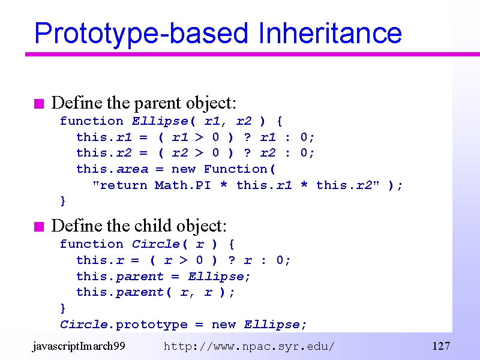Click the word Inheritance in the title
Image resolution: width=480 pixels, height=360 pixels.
(329, 33)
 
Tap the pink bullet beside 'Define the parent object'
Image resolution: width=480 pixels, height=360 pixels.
(39, 104)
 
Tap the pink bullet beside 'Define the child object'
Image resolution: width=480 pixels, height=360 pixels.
(39, 227)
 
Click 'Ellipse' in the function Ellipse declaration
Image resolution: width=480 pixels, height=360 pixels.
(160, 122)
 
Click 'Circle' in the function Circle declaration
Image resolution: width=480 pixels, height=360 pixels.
(156, 244)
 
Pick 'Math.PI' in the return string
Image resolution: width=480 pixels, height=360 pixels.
(183, 185)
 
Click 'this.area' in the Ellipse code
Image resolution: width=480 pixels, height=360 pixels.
(112, 169)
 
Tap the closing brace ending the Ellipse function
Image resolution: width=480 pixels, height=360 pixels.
(63, 201)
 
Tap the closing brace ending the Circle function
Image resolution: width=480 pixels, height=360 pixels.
(63, 308)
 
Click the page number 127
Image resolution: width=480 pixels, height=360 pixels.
(441, 346)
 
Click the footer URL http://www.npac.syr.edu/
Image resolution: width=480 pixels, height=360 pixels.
(249, 347)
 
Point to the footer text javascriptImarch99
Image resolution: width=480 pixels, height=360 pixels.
(79, 347)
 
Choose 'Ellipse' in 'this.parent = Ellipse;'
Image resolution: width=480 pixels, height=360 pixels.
(217, 277)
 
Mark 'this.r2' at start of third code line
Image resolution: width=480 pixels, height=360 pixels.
(104, 153)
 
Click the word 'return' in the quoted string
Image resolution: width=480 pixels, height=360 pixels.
(124, 185)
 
